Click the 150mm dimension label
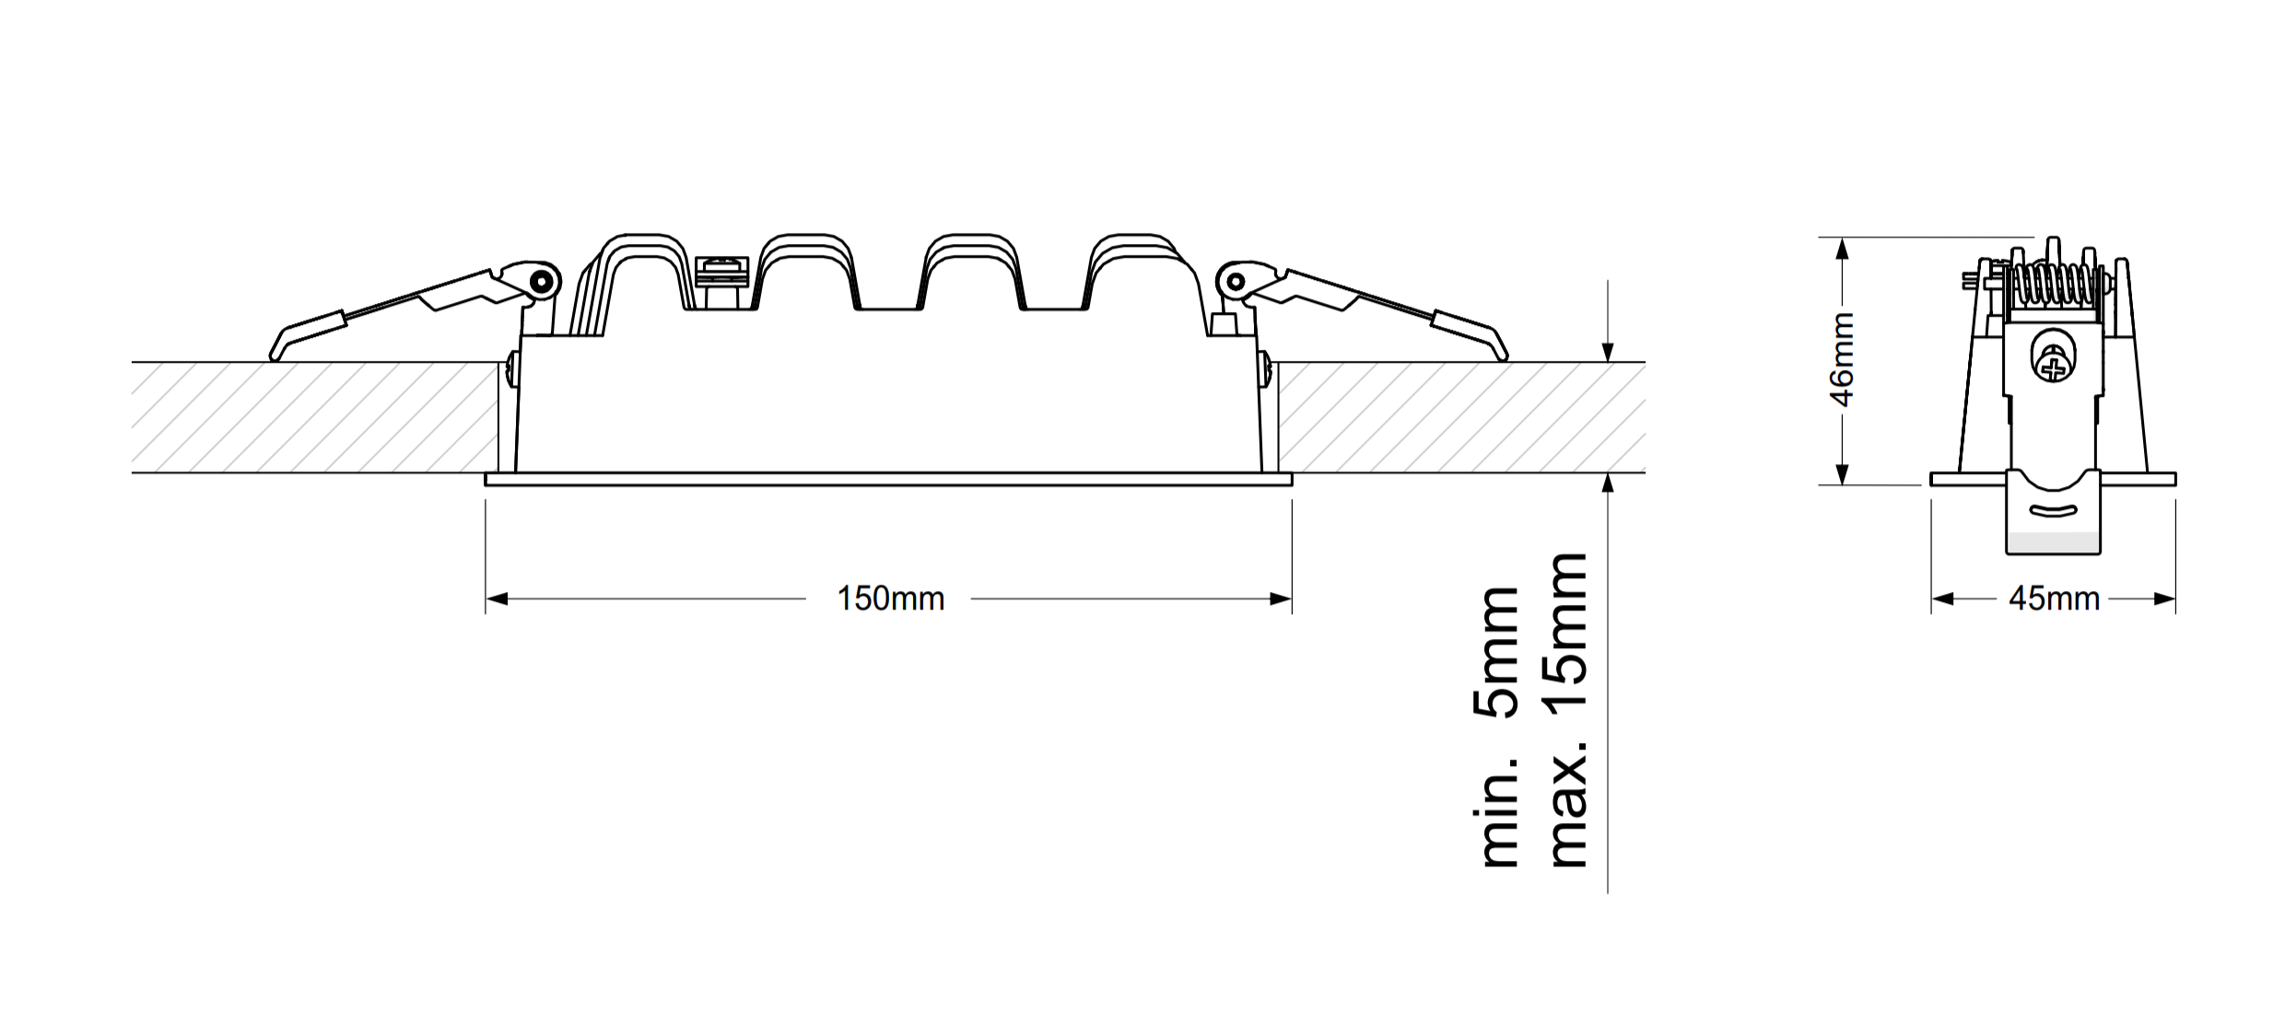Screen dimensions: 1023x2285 890,599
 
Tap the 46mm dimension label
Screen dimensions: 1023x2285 1842,359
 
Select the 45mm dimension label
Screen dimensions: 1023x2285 2054,599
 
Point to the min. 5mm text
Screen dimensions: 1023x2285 1498,727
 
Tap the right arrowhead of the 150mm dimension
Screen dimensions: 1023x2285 1281,599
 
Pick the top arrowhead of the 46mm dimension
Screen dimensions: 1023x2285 1842,249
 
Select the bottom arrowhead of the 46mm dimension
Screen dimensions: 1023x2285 1842,474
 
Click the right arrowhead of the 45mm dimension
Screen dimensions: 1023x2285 2164,599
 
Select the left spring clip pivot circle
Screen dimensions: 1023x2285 544,280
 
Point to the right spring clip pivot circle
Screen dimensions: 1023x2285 1235,281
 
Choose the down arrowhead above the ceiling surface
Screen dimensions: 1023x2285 1608,352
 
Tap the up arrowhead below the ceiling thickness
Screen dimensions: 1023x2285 1608,484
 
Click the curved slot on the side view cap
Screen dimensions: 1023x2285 2054,511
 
